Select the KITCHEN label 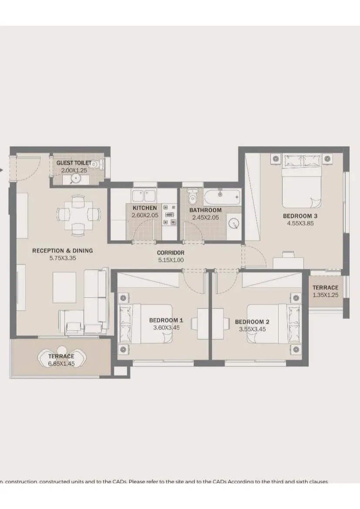145,208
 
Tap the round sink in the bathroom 235,224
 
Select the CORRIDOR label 171,253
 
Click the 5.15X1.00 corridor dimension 171,261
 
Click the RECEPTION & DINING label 62,251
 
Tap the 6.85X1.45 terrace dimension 61,364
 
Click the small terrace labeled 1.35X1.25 325,291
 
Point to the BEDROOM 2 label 252,322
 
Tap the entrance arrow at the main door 2,170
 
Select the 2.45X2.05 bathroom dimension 205,217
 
